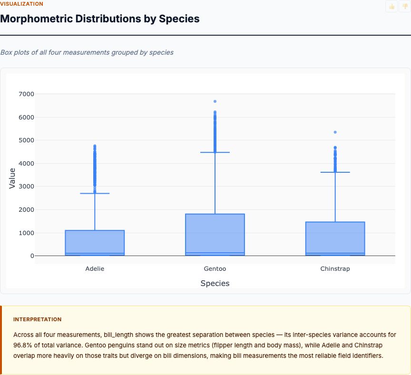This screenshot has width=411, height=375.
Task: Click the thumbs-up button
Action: pos(391,6)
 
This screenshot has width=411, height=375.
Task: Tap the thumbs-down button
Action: pos(405,6)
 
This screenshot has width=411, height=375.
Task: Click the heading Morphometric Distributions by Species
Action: pos(100,19)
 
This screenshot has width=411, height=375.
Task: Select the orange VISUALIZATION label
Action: pos(22,4)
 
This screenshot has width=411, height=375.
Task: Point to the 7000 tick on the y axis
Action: pos(26,94)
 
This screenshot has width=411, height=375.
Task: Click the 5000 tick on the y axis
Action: pos(26,140)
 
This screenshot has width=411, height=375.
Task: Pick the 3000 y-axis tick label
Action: pos(26,187)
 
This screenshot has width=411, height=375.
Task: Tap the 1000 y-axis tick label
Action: pos(26,233)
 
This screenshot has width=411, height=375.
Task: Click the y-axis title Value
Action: pos(13,178)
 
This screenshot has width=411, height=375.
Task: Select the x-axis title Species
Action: pos(215,284)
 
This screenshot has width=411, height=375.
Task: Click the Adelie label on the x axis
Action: pos(95,269)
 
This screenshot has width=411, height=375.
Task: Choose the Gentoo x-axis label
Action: pos(215,269)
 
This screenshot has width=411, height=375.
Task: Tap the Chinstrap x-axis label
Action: pos(335,269)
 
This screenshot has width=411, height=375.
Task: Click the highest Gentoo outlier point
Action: pos(215,101)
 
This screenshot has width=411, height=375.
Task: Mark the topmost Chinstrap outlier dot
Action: pos(335,132)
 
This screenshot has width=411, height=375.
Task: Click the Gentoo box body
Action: pos(215,233)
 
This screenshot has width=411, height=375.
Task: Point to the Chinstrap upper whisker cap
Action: pos(335,172)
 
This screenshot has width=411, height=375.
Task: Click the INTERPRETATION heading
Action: pos(37,319)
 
